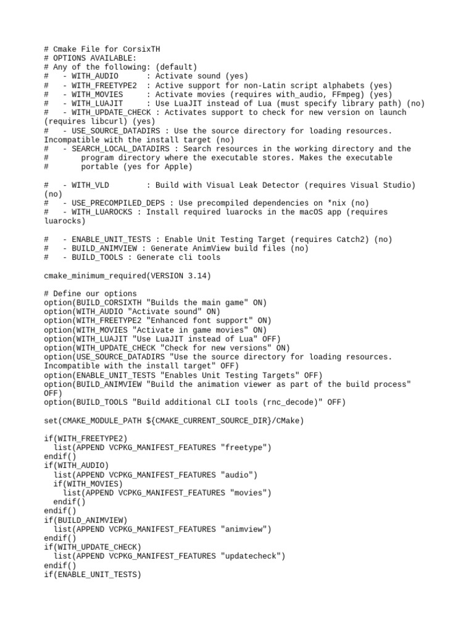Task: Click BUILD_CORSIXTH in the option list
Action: pos(108,302)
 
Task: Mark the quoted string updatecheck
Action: pos(253,557)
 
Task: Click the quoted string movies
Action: pos(251,493)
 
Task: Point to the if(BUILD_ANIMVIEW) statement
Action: pos(85,520)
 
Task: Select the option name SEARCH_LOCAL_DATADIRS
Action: pos(120,149)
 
